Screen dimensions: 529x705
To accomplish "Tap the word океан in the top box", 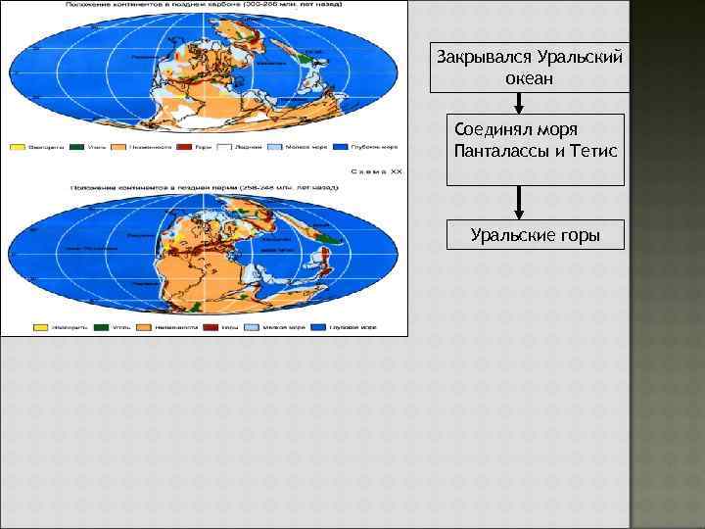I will [530, 77].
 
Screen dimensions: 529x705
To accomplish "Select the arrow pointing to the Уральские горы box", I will [519, 203].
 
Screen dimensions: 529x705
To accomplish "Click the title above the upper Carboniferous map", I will [203, 7].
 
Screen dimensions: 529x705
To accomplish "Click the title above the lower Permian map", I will [203, 185].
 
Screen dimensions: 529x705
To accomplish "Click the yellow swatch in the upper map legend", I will [18, 148].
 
